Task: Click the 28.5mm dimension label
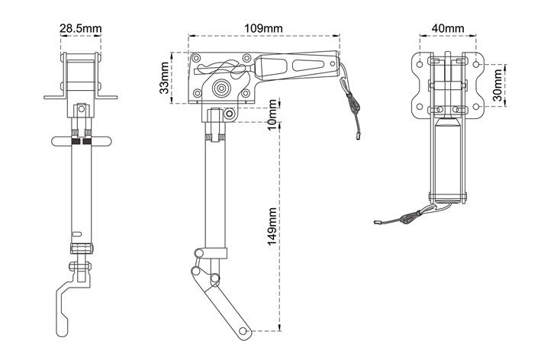click(81, 28)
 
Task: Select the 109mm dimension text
click(263, 28)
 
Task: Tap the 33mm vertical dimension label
click(165, 78)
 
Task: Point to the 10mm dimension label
click(272, 114)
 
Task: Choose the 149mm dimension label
click(272, 227)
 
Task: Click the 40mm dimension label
click(448, 28)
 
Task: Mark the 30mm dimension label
click(498, 85)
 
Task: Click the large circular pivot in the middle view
click(221, 88)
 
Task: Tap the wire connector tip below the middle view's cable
click(358, 136)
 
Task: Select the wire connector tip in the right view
click(378, 223)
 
